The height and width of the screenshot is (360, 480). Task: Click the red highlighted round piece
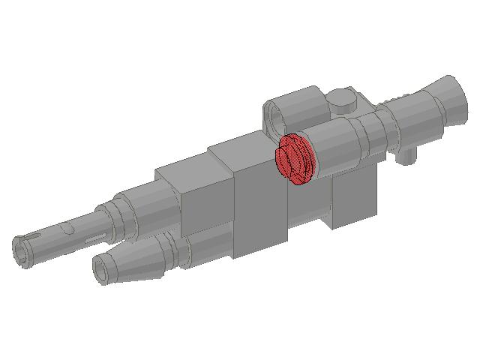(x=294, y=158)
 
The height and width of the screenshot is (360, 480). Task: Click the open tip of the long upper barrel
(x=24, y=250)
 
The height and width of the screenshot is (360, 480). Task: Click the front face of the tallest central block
(x=261, y=210)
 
